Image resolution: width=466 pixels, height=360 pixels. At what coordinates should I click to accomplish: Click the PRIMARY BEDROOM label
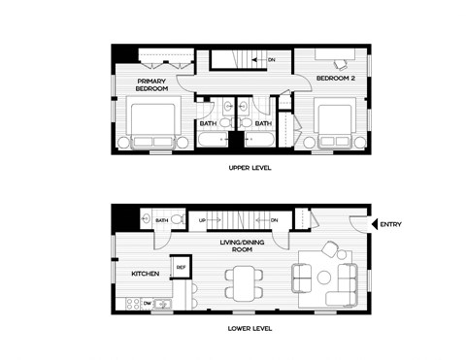pyautogui.click(x=151, y=84)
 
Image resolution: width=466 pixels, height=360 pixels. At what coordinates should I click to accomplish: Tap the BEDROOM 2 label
pyautogui.click(x=337, y=77)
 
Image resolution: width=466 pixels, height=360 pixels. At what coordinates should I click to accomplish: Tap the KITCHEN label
pyautogui.click(x=146, y=274)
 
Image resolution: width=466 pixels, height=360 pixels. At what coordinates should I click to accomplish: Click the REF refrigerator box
pyautogui.click(x=180, y=266)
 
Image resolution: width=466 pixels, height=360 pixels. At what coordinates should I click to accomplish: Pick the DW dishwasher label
pyautogui.click(x=148, y=304)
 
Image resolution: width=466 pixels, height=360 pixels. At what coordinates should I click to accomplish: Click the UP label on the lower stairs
pyautogui.click(x=202, y=220)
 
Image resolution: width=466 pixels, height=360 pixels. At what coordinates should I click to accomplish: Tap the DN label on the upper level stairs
pyautogui.click(x=271, y=60)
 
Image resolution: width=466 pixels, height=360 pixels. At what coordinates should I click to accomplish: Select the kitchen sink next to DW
pyautogui.click(x=164, y=305)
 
